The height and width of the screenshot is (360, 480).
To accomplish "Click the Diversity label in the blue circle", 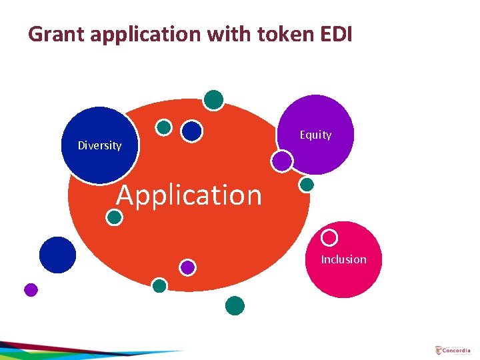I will (x=99, y=145).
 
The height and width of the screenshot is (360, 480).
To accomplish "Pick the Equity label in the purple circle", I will (x=315, y=135).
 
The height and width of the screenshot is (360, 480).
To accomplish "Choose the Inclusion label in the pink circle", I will (x=343, y=259).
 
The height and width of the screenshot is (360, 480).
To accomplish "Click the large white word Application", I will (x=189, y=195).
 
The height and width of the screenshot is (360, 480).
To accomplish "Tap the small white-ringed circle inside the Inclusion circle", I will (x=329, y=237).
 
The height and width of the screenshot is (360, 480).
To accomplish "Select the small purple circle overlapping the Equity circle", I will (x=282, y=160).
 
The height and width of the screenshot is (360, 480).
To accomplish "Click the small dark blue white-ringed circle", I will (x=192, y=131).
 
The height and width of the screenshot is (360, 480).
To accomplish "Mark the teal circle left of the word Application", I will (x=115, y=217).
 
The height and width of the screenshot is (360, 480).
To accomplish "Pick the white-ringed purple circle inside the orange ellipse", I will (x=187, y=267).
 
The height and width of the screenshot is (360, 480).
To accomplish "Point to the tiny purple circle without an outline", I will (x=31, y=290).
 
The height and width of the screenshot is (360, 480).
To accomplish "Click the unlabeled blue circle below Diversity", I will (x=57, y=255).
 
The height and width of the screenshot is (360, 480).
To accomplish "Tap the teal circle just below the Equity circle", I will (x=307, y=185).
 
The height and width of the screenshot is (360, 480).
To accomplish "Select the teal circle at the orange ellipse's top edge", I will (x=213, y=99).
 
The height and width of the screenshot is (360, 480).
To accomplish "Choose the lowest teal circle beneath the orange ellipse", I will (x=235, y=305).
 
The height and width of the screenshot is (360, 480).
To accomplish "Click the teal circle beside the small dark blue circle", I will (x=163, y=127).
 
